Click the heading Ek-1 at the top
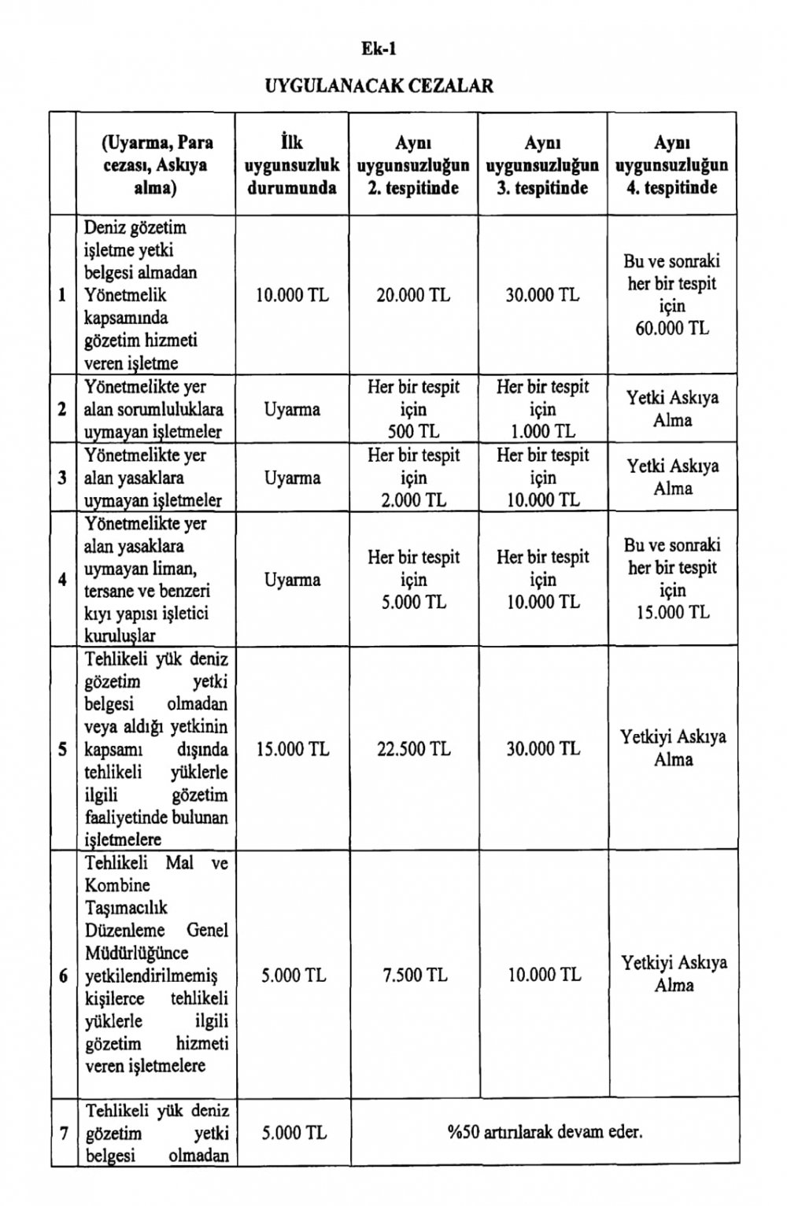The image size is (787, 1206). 379,49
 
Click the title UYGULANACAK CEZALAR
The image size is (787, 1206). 379,86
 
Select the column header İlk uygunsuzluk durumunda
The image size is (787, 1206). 292,165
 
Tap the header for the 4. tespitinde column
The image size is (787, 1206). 671,165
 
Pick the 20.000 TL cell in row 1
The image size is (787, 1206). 413,295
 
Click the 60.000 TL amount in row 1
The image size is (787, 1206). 672,328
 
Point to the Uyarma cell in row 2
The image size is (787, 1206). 292,409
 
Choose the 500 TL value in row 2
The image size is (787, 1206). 413,431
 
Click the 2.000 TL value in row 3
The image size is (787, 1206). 413,500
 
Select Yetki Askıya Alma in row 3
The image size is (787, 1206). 672,477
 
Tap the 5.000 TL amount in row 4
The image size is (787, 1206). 413,602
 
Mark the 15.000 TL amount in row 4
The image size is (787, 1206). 672,612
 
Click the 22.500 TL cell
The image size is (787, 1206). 413,749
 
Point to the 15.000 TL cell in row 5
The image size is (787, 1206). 292,749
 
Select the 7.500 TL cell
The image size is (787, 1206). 414,975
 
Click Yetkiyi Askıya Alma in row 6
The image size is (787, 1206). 674,973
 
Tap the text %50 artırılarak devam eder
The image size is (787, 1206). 545,1132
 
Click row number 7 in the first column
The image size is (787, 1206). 63,1134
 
